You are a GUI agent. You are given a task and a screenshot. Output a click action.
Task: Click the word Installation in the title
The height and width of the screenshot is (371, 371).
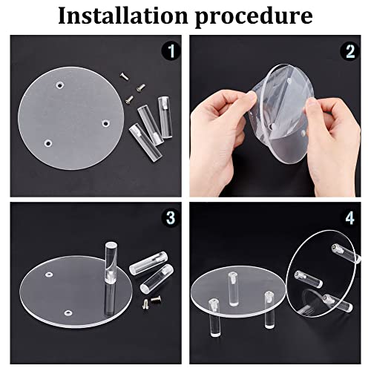pyautogui.click(x=123, y=16)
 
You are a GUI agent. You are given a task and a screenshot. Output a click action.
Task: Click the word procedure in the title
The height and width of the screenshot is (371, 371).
pyautogui.click(x=254, y=18)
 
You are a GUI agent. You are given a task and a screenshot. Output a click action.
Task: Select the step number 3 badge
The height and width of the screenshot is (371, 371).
pyautogui.click(x=171, y=217)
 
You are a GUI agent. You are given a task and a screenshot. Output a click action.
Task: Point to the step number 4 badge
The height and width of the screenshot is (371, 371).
pyautogui.click(x=350, y=218)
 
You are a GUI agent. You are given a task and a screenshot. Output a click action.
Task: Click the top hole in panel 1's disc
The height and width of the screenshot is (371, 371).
pyautogui.click(x=59, y=85)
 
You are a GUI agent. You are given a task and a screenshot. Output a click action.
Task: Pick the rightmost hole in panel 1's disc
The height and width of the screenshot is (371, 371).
pyautogui.click(x=106, y=123)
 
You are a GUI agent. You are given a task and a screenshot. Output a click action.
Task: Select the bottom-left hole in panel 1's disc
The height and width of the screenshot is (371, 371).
pyautogui.click(x=47, y=143)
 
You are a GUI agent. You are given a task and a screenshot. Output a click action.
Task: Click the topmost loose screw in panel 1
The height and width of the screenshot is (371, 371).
pyautogui.click(x=124, y=76)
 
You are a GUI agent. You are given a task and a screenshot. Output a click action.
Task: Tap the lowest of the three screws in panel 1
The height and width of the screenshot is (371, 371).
pyautogui.click(x=129, y=99)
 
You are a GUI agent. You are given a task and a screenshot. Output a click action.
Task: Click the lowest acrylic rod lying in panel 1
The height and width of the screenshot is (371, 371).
pyautogui.click(x=145, y=142)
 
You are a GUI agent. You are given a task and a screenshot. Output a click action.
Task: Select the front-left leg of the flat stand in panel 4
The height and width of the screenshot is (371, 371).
pyautogui.click(x=214, y=318)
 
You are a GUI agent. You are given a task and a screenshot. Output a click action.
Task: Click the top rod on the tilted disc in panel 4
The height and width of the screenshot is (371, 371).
pyautogui.click(x=347, y=253)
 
